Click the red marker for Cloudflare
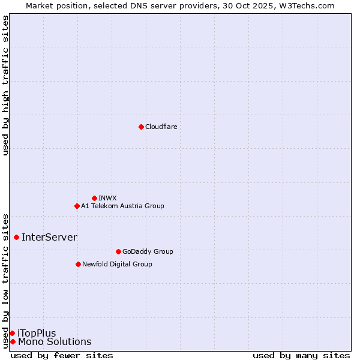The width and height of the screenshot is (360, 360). tap(141, 127)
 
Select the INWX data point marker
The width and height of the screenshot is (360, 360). tap(94, 198)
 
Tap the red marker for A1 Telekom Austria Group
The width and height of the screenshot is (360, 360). tap(77, 206)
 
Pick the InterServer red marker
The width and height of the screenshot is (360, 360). tap(16, 237)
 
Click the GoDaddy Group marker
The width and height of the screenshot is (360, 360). tap(118, 251)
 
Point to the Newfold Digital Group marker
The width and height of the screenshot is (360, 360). tap(78, 264)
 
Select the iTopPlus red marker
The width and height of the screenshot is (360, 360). tap(12, 333)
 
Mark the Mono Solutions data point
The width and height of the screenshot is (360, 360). tap(13, 341)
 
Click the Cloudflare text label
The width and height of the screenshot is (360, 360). tap(161, 127)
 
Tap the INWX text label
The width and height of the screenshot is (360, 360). tap(107, 198)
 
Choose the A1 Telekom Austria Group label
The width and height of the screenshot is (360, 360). tap(122, 206)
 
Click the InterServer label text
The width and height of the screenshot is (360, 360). tap(49, 237)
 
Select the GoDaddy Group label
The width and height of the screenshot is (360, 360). tap(148, 251)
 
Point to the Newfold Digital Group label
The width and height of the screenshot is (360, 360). tap(117, 264)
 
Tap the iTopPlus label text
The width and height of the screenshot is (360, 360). tap(37, 333)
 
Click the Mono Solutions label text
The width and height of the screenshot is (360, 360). tap(55, 342)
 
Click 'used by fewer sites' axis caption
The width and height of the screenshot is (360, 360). tap(62, 355)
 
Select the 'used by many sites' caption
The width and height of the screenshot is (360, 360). tap(301, 355)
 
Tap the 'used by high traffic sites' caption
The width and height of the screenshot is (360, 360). tap(5, 85)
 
